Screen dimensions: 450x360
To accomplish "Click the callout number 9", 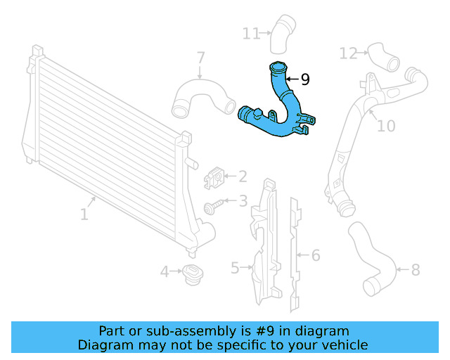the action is pyautogui.click(x=304, y=79).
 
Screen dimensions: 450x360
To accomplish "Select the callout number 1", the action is pyautogui.click(x=84, y=212).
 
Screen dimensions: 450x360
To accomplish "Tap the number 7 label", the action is pyautogui.click(x=200, y=57).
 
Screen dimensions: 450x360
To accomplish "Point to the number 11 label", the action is pyautogui.click(x=251, y=32).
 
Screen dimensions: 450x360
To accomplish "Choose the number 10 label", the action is pyautogui.click(x=386, y=126).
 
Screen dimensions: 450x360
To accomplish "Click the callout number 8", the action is pyautogui.click(x=415, y=269).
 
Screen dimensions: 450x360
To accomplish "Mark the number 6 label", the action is pyautogui.click(x=316, y=255).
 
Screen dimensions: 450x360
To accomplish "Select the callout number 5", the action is pyautogui.click(x=235, y=267).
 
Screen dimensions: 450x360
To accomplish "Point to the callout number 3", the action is pyautogui.click(x=243, y=202).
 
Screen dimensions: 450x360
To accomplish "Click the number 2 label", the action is pyautogui.click(x=242, y=176).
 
